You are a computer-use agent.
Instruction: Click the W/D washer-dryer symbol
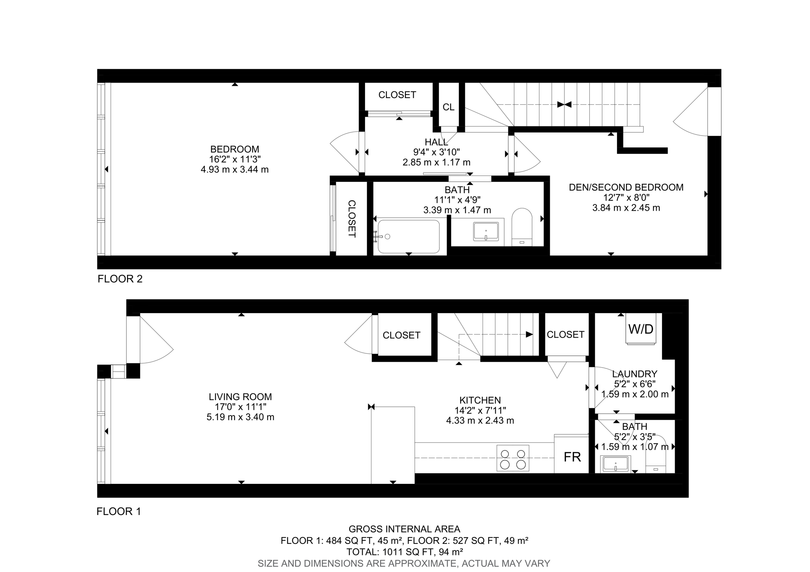point(641,329)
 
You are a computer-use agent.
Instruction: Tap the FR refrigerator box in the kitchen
point(572,457)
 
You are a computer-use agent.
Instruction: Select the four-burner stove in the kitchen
point(513,458)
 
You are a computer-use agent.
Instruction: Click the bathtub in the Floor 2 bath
point(408,236)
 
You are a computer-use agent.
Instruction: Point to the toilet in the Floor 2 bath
point(522,227)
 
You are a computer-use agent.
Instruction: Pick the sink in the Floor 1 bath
point(615,464)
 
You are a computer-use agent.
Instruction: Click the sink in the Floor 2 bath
point(486,232)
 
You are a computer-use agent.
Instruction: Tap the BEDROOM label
point(235,149)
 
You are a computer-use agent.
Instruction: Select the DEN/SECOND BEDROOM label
point(626,187)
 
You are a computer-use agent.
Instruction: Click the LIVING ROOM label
point(240,397)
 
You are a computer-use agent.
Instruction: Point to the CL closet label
point(449,107)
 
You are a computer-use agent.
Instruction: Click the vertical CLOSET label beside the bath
point(352,219)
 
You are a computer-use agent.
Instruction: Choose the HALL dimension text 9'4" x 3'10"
point(437,152)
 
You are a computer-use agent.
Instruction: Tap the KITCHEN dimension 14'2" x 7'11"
point(480,410)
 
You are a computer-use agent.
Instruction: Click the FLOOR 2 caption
point(120,279)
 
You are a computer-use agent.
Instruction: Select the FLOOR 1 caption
point(119,512)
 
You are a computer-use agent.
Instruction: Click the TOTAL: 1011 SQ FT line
point(404,552)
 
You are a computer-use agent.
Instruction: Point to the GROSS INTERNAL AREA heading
point(404,529)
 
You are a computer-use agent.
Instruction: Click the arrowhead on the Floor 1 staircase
point(529,334)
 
